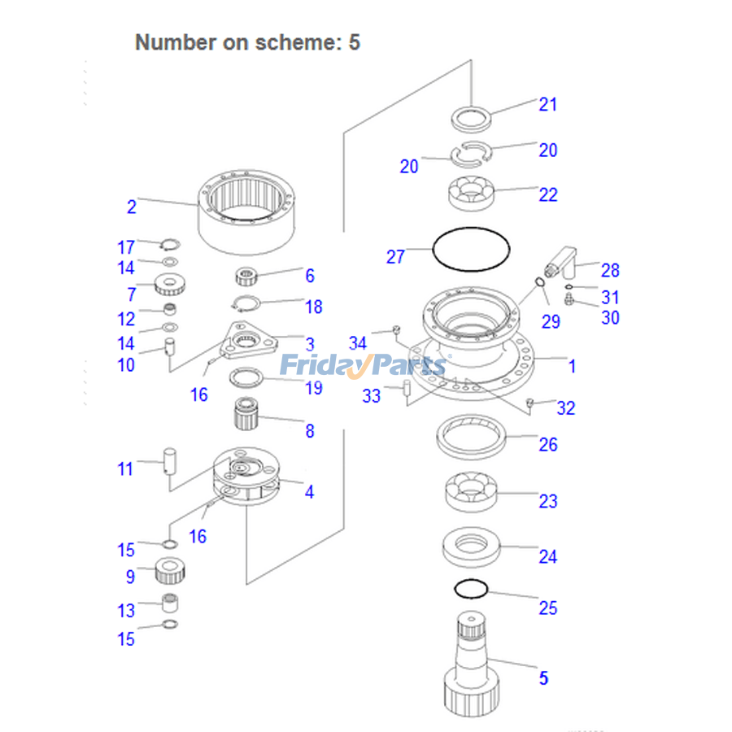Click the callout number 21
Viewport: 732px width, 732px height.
coord(548,104)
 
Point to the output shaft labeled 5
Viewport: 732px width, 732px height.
coord(470,667)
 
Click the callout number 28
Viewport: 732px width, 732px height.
coord(610,270)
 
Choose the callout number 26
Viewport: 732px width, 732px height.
coord(548,444)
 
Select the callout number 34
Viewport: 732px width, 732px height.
coord(358,344)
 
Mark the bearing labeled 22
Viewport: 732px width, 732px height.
coord(471,193)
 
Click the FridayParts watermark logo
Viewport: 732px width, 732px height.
coord(363,365)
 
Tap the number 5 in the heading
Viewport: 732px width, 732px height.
coord(354,42)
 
